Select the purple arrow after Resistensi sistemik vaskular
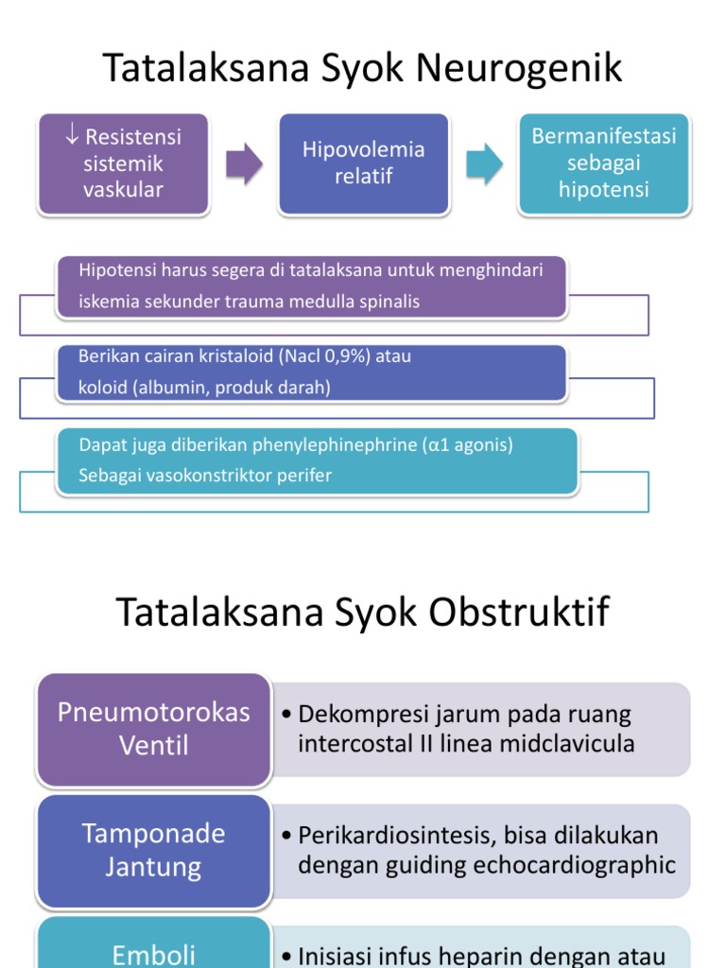tap(244, 164)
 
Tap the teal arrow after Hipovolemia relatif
tap(484, 164)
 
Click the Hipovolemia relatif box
tap(363, 164)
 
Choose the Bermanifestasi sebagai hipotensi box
tap(604, 164)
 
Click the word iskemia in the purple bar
tap(109, 302)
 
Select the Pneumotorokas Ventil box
tap(154, 729)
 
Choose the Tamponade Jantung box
tap(154, 850)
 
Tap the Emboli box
tap(154, 953)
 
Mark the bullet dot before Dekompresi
tap(286, 715)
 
